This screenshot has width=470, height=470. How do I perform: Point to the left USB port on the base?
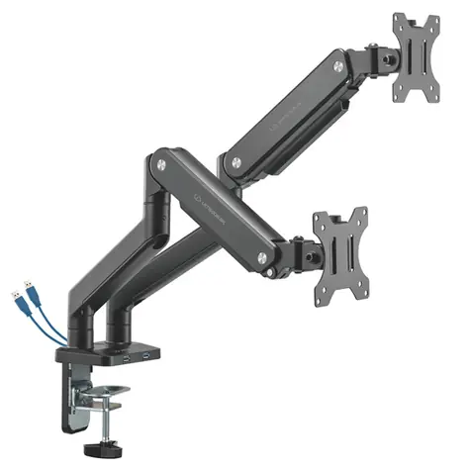(x=127, y=352)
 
